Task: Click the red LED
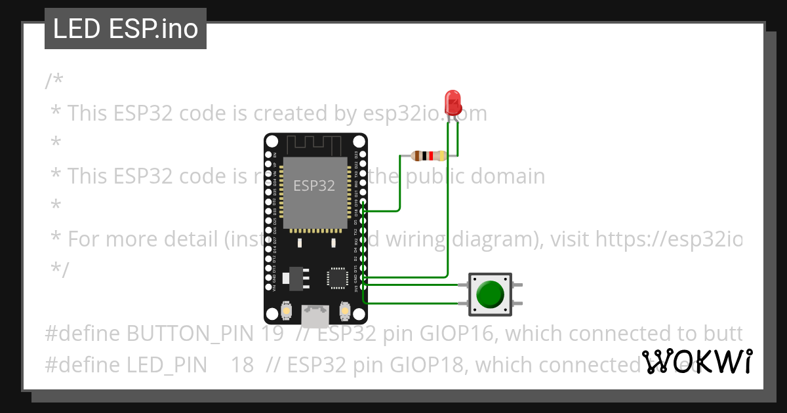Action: tap(453, 102)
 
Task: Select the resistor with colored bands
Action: tap(428, 156)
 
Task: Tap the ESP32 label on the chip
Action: tap(313, 186)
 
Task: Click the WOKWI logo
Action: tap(697, 361)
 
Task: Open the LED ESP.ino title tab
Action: tap(125, 29)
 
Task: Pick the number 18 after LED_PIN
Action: tap(241, 365)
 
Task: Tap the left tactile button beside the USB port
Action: tap(286, 309)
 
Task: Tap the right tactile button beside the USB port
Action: tap(345, 309)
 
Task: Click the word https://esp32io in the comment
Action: tap(668, 239)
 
